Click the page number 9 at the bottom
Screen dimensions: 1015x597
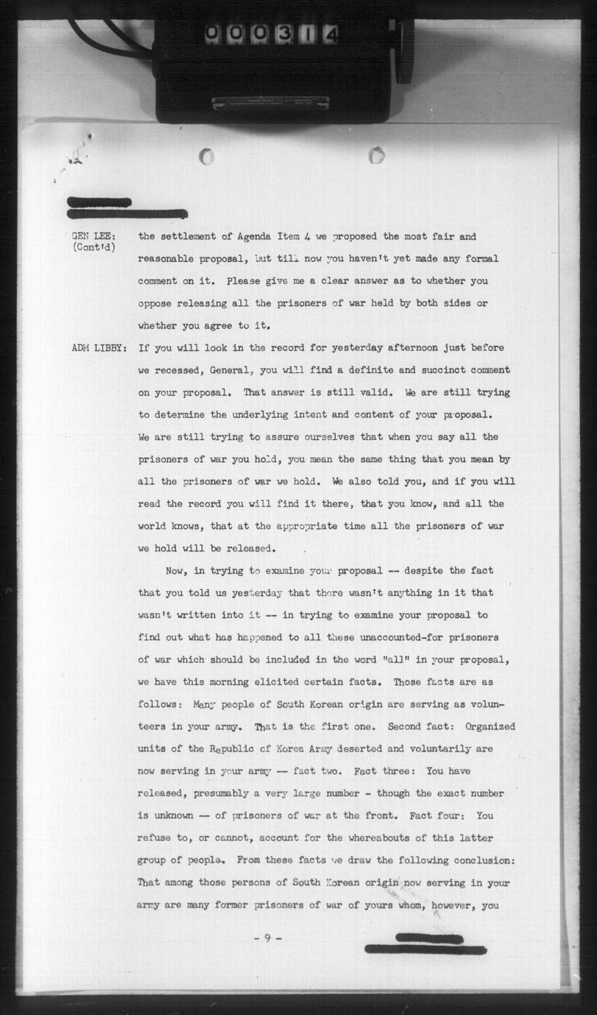tap(268, 938)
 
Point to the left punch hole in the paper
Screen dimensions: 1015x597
tap(207, 156)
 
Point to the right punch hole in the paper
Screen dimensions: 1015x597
tap(376, 155)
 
